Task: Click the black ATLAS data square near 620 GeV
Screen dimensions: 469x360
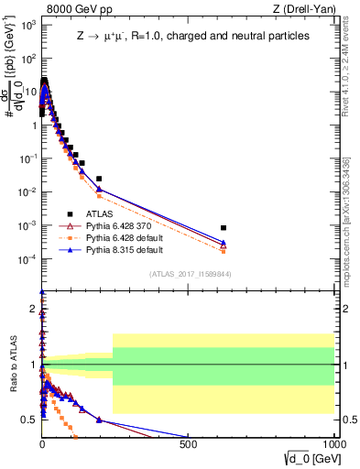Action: (x=224, y=227)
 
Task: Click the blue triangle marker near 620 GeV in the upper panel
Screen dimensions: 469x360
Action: (x=224, y=243)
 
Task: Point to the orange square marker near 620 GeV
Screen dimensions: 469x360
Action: (x=224, y=250)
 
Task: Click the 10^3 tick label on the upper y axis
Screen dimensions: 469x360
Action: (x=28, y=24)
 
